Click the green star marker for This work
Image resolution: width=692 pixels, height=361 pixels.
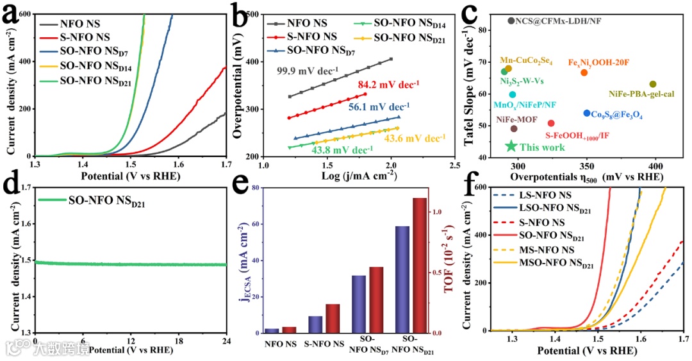click(511, 146)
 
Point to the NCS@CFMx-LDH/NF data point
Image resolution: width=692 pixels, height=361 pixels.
click(511, 21)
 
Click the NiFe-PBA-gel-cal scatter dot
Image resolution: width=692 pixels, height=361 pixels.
click(653, 84)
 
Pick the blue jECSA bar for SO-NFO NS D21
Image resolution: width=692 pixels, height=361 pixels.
click(402, 280)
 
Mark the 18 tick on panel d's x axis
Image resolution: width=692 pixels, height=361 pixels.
click(178, 340)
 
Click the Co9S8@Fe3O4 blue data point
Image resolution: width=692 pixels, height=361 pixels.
click(587, 113)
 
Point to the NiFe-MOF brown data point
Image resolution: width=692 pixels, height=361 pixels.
click(514, 128)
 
